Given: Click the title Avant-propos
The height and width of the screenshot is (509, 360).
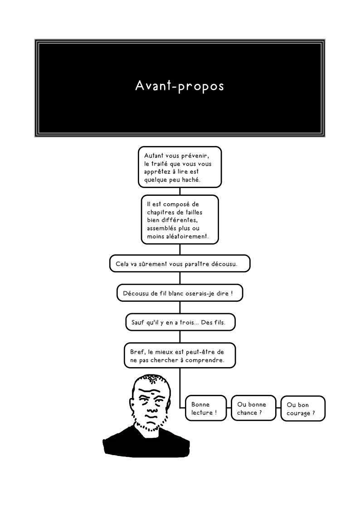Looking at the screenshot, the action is pos(180,86).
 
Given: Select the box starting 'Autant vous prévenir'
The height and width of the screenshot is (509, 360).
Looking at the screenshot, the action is pos(180,167).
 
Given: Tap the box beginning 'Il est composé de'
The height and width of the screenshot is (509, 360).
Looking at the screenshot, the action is pos(180,219).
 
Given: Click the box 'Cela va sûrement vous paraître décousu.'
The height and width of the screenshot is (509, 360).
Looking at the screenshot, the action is pos(180,263).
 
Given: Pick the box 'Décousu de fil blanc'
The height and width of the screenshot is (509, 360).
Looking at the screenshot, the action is pos(180,293).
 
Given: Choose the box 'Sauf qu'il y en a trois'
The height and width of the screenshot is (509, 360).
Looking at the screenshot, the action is pos(180,322).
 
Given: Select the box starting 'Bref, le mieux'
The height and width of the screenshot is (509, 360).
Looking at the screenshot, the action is pos(180,355).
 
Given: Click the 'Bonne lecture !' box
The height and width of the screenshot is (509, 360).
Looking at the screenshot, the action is pos(206,408).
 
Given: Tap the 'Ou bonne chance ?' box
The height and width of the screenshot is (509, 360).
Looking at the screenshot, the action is pos(253,408).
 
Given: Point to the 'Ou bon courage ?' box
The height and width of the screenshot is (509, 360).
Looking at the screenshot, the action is pos(303,408).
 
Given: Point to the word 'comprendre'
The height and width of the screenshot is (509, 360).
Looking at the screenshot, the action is pos(204,360).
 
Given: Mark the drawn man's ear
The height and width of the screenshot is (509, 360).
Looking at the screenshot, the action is pos(133,402).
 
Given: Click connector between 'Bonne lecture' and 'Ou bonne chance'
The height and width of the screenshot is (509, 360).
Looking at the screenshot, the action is pos(229,408).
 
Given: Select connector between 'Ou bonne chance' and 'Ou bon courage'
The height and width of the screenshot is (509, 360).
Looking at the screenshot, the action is pos(278,408).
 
